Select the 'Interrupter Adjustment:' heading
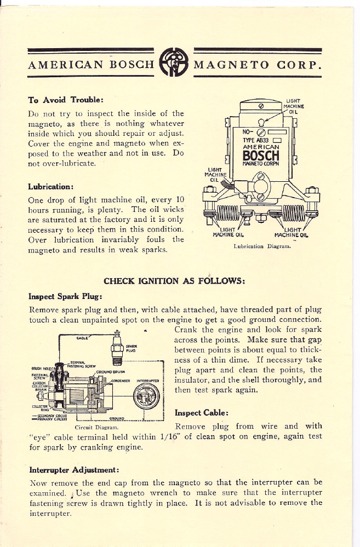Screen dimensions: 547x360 (x=75, y=469)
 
